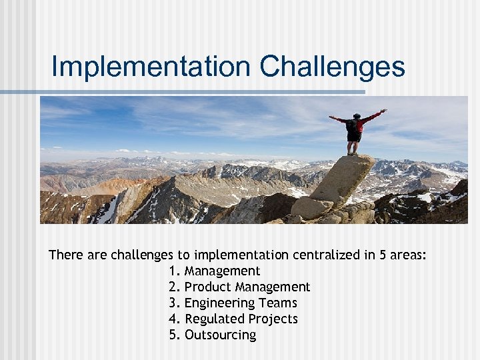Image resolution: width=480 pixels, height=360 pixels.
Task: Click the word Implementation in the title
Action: pyautogui.click(x=150, y=67)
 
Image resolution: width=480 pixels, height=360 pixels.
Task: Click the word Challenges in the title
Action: pyautogui.click(x=332, y=67)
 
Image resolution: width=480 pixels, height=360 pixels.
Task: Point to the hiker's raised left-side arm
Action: pyautogui.click(x=339, y=120)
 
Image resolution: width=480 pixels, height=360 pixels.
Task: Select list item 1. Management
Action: pyautogui.click(x=215, y=271)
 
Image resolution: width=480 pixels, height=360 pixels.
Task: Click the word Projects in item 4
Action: pyautogui.click(x=273, y=319)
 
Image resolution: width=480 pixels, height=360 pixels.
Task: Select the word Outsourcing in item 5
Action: pyautogui.click(x=220, y=335)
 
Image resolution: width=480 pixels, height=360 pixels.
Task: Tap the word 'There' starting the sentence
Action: pyautogui.click(x=65, y=255)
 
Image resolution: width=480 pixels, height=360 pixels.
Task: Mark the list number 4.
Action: pyautogui.click(x=174, y=319)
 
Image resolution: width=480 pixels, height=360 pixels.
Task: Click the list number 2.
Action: pyautogui.click(x=174, y=287)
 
